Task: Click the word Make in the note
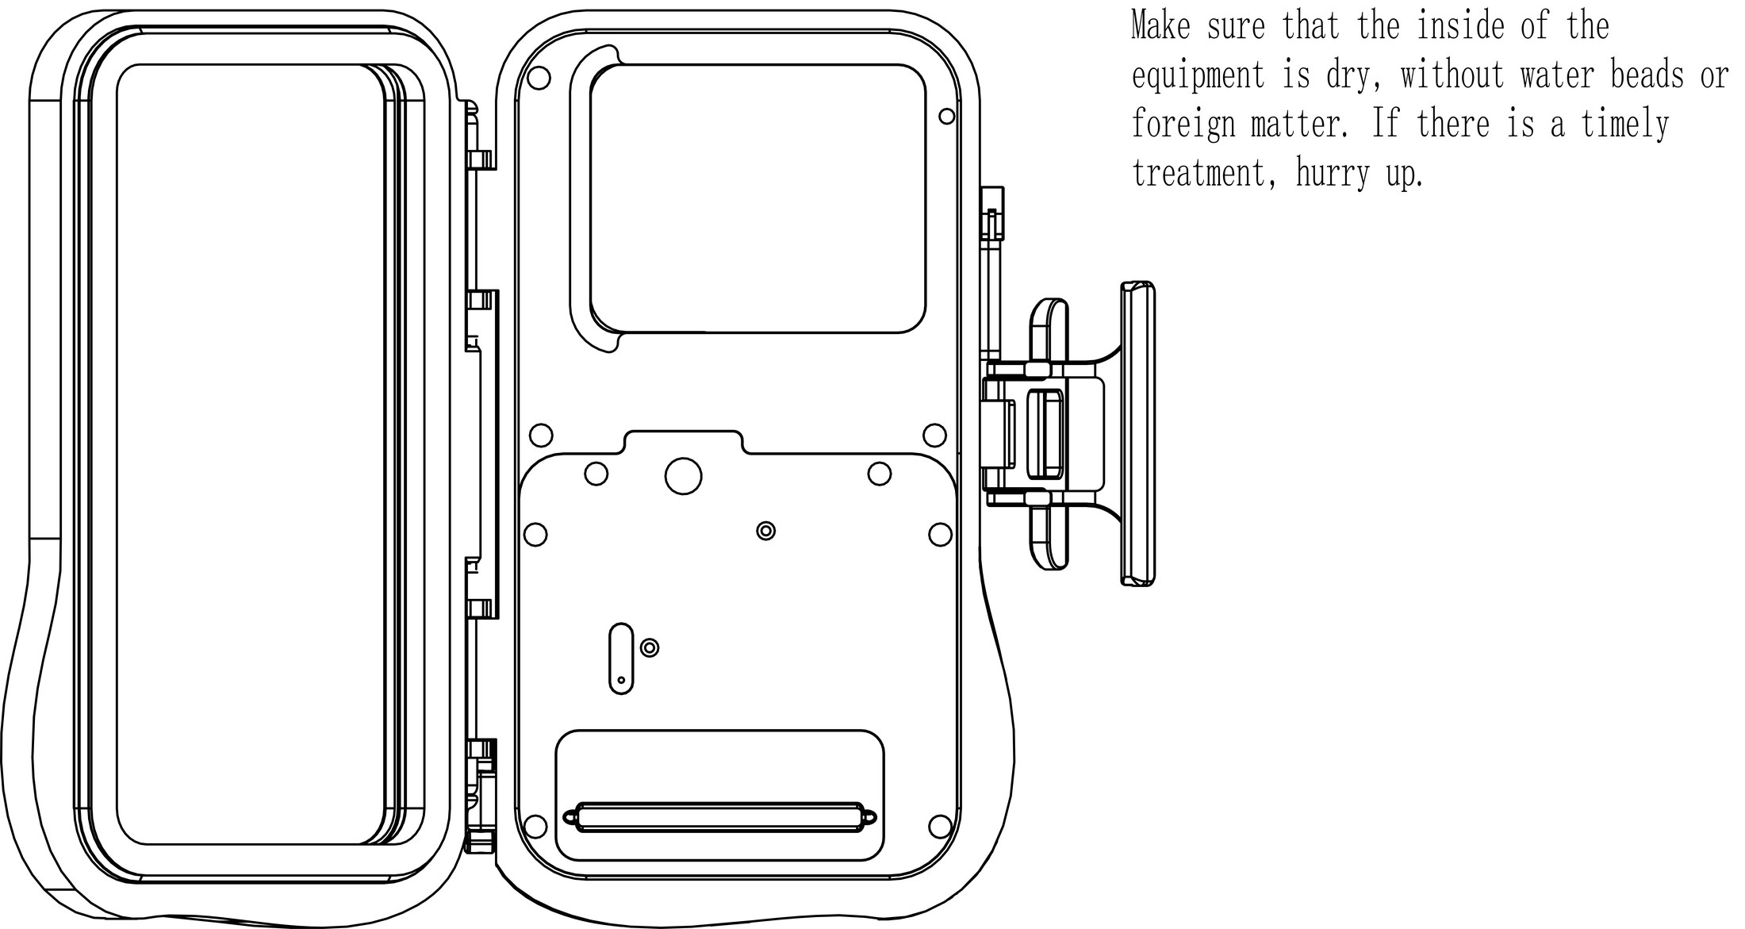pos(1160,26)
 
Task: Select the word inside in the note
pos(1460,26)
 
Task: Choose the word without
pos(1452,75)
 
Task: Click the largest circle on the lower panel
pos(683,476)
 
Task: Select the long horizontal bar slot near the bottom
pos(719,817)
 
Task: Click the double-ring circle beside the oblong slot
pos(650,648)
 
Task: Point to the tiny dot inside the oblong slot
pos(621,680)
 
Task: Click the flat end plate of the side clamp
pos(1137,434)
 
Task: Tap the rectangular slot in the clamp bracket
pos(1045,434)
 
